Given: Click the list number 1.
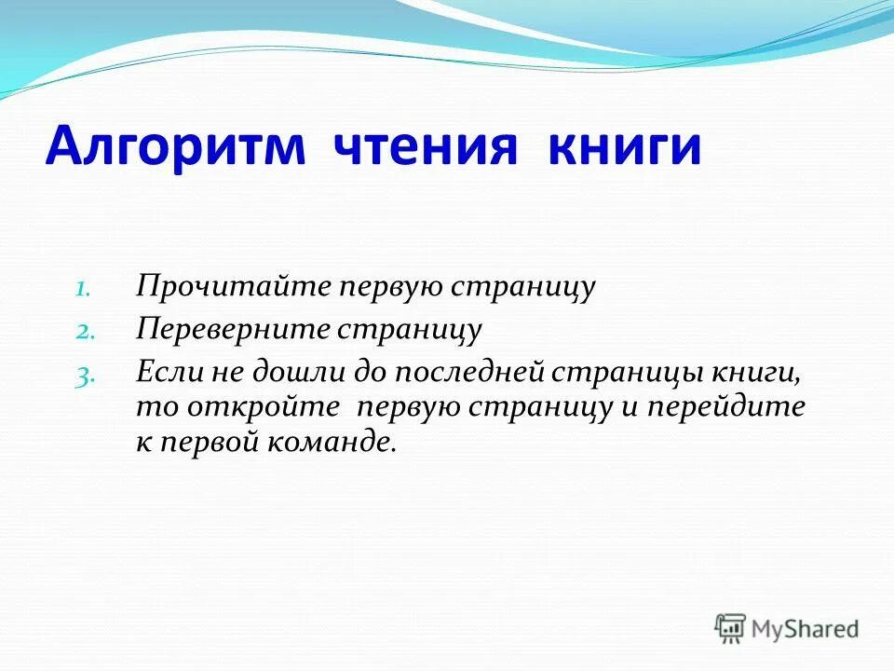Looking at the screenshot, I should (83, 289).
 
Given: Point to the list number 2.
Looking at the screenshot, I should (83, 331).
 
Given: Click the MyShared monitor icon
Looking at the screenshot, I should (731, 629).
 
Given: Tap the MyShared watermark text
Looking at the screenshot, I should (806, 629).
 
